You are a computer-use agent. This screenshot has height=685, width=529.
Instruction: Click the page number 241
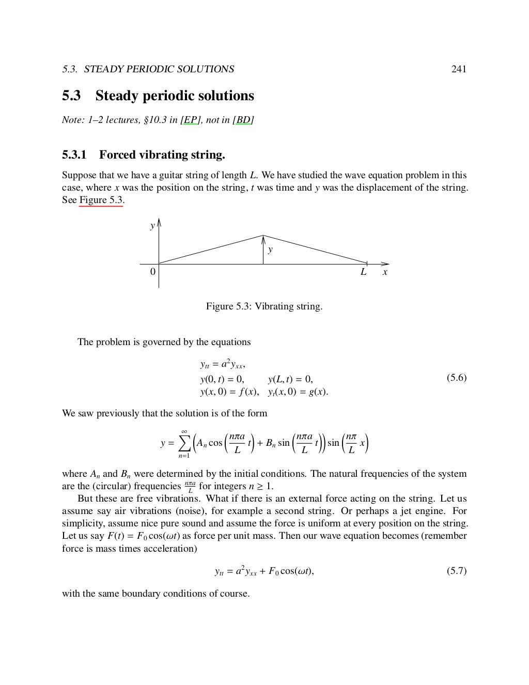coord(459,69)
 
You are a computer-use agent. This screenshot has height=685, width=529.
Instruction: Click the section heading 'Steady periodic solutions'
coord(174,96)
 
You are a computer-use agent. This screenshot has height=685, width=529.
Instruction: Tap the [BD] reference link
coord(243,120)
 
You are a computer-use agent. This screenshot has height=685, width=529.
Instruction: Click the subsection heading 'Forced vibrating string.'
coord(162,155)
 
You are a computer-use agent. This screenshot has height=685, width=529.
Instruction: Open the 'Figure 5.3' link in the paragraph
coord(101,200)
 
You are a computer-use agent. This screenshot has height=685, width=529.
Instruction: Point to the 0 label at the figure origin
coord(152,272)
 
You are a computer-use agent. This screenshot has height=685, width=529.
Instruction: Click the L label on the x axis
coord(364,272)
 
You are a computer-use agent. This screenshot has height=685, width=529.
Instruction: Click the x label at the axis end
coord(385,272)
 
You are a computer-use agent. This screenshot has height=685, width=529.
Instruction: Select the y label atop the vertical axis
coord(152,226)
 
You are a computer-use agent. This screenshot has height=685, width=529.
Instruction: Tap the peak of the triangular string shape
coord(263,236)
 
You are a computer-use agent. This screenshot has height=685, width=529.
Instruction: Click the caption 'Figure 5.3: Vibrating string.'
coord(264,306)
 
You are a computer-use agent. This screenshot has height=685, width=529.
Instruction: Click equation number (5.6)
coord(456,378)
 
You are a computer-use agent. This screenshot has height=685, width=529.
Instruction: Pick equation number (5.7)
coord(456,571)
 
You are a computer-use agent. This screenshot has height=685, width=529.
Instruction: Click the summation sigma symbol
coord(184,443)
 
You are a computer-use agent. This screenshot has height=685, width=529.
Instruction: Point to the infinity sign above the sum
coord(184,432)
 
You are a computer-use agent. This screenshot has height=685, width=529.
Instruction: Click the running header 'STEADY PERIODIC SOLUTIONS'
coord(159,69)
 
